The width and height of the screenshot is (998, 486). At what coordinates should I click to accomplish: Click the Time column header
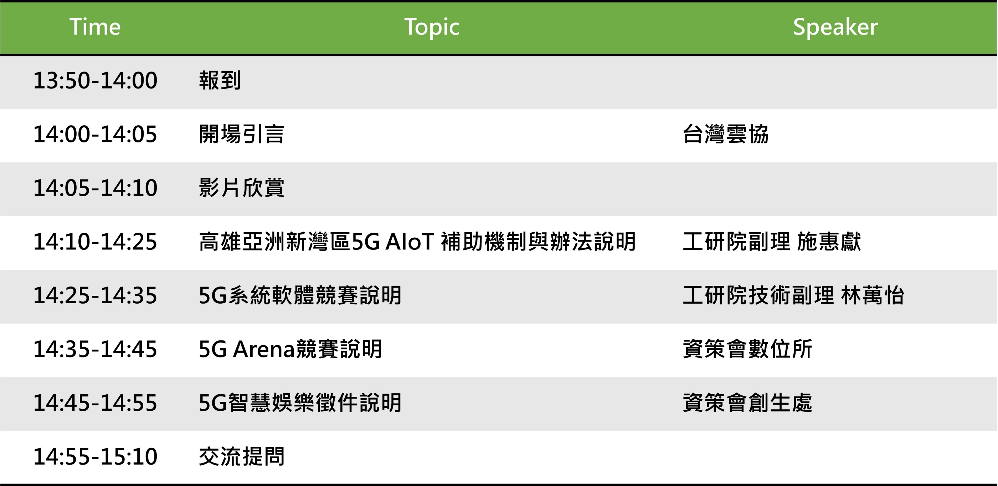pyautogui.click(x=95, y=27)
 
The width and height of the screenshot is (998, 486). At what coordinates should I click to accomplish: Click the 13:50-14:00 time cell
pyautogui.click(x=95, y=81)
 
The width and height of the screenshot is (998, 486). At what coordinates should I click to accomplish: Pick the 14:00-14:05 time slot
pyautogui.click(x=95, y=134)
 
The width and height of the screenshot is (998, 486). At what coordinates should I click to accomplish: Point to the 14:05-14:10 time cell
pyautogui.click(x=95, y=188)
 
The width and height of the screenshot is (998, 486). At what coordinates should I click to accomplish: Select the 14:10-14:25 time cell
pyautogui.click(x=95, y=242)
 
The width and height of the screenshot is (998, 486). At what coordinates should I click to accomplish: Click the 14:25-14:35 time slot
pyautogui.click(x=95, y=295)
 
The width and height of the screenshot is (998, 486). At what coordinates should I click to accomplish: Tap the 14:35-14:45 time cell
pyautogui.click(x=95, y=349)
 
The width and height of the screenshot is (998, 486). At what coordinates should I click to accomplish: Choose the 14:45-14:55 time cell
pyautogui.click(x=95, y=403)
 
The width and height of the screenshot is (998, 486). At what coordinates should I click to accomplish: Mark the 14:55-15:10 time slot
pyautogui.click(x=95, y=456)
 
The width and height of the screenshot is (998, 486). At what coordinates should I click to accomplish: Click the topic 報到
pyautogui.click(x=220, y=81)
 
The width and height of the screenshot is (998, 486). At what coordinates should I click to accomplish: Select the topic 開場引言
pyautogui.click(x=242, y=134)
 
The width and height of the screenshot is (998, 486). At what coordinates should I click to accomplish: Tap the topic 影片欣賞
pyautogui.click(x=242, y=188)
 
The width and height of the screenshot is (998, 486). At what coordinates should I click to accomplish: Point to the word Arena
pyautogui.click(x=264, y=349)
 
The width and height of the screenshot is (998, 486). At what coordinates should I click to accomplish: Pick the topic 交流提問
pyautogui.click(x=242, y=456)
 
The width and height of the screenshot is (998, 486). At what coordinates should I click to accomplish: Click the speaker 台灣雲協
pyautogui.click(x=726, y=134)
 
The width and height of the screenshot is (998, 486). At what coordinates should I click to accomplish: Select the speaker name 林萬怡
pyautogui.click(x=873, y=295)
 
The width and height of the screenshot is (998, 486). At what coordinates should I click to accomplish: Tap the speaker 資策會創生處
pyautogui.click(x=747, y=403)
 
